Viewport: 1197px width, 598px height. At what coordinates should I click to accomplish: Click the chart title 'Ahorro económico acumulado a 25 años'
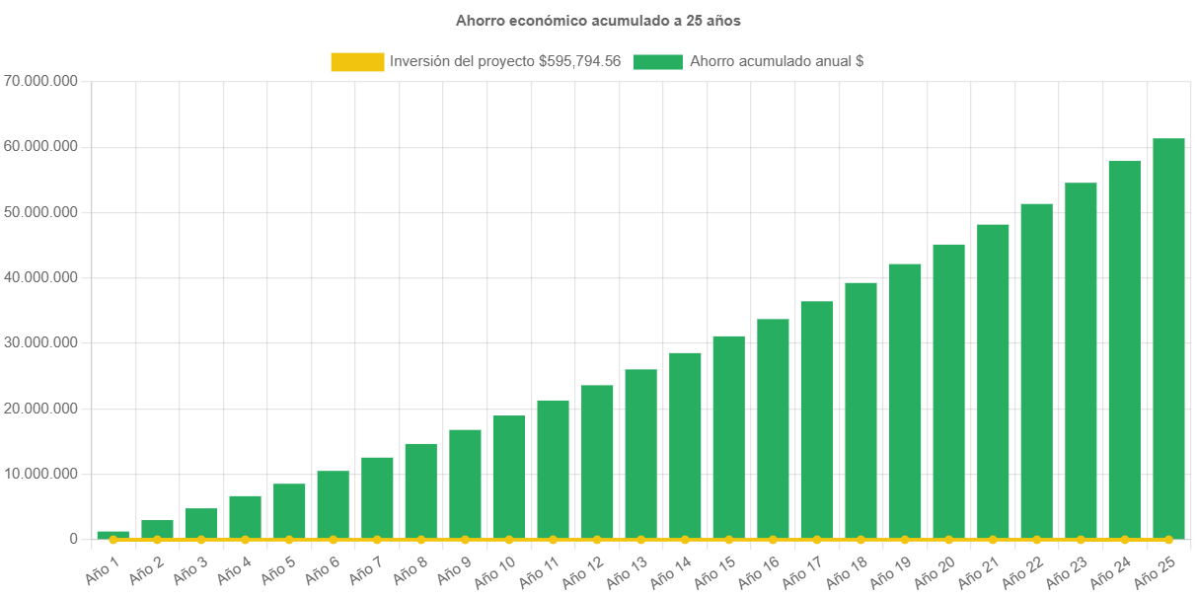[598, 20]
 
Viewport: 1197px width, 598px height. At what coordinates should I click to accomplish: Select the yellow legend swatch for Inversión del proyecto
[357, 61]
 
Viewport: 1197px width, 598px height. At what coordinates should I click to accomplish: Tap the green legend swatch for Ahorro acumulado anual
[657, 61]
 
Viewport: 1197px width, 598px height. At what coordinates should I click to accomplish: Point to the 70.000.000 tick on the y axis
[40, 80]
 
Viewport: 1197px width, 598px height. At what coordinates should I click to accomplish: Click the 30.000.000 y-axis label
[40, 342]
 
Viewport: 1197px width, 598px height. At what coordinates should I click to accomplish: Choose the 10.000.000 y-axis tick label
[40, 474]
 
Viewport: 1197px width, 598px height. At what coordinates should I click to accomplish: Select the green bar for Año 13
[640, 454]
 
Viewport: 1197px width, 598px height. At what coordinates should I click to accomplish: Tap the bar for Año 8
[420, 490]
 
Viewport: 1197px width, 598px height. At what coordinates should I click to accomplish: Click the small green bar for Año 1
[112, 535]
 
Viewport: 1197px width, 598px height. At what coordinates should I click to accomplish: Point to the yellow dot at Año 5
[289, 540]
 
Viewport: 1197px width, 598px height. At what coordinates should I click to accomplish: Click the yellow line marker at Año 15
[728, 540]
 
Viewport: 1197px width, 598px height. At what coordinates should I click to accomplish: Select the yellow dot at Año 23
[1081, 540]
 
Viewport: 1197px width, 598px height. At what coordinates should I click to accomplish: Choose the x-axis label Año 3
[189, 567]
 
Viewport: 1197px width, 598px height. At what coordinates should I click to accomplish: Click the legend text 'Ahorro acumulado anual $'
[777, 61]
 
